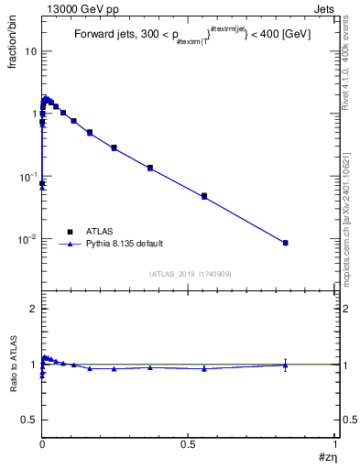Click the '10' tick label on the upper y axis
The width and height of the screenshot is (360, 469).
[x=30, y=51]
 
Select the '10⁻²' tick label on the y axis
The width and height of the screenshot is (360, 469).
[x=27, y=239]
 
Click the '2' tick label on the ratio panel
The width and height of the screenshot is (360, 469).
[x=33, y=310]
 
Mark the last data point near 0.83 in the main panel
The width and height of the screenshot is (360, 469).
[x=286, y=243]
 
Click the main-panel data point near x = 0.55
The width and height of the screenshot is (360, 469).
[x=204, y=196]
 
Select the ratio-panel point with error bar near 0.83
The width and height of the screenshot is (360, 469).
[x=286, y=365]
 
